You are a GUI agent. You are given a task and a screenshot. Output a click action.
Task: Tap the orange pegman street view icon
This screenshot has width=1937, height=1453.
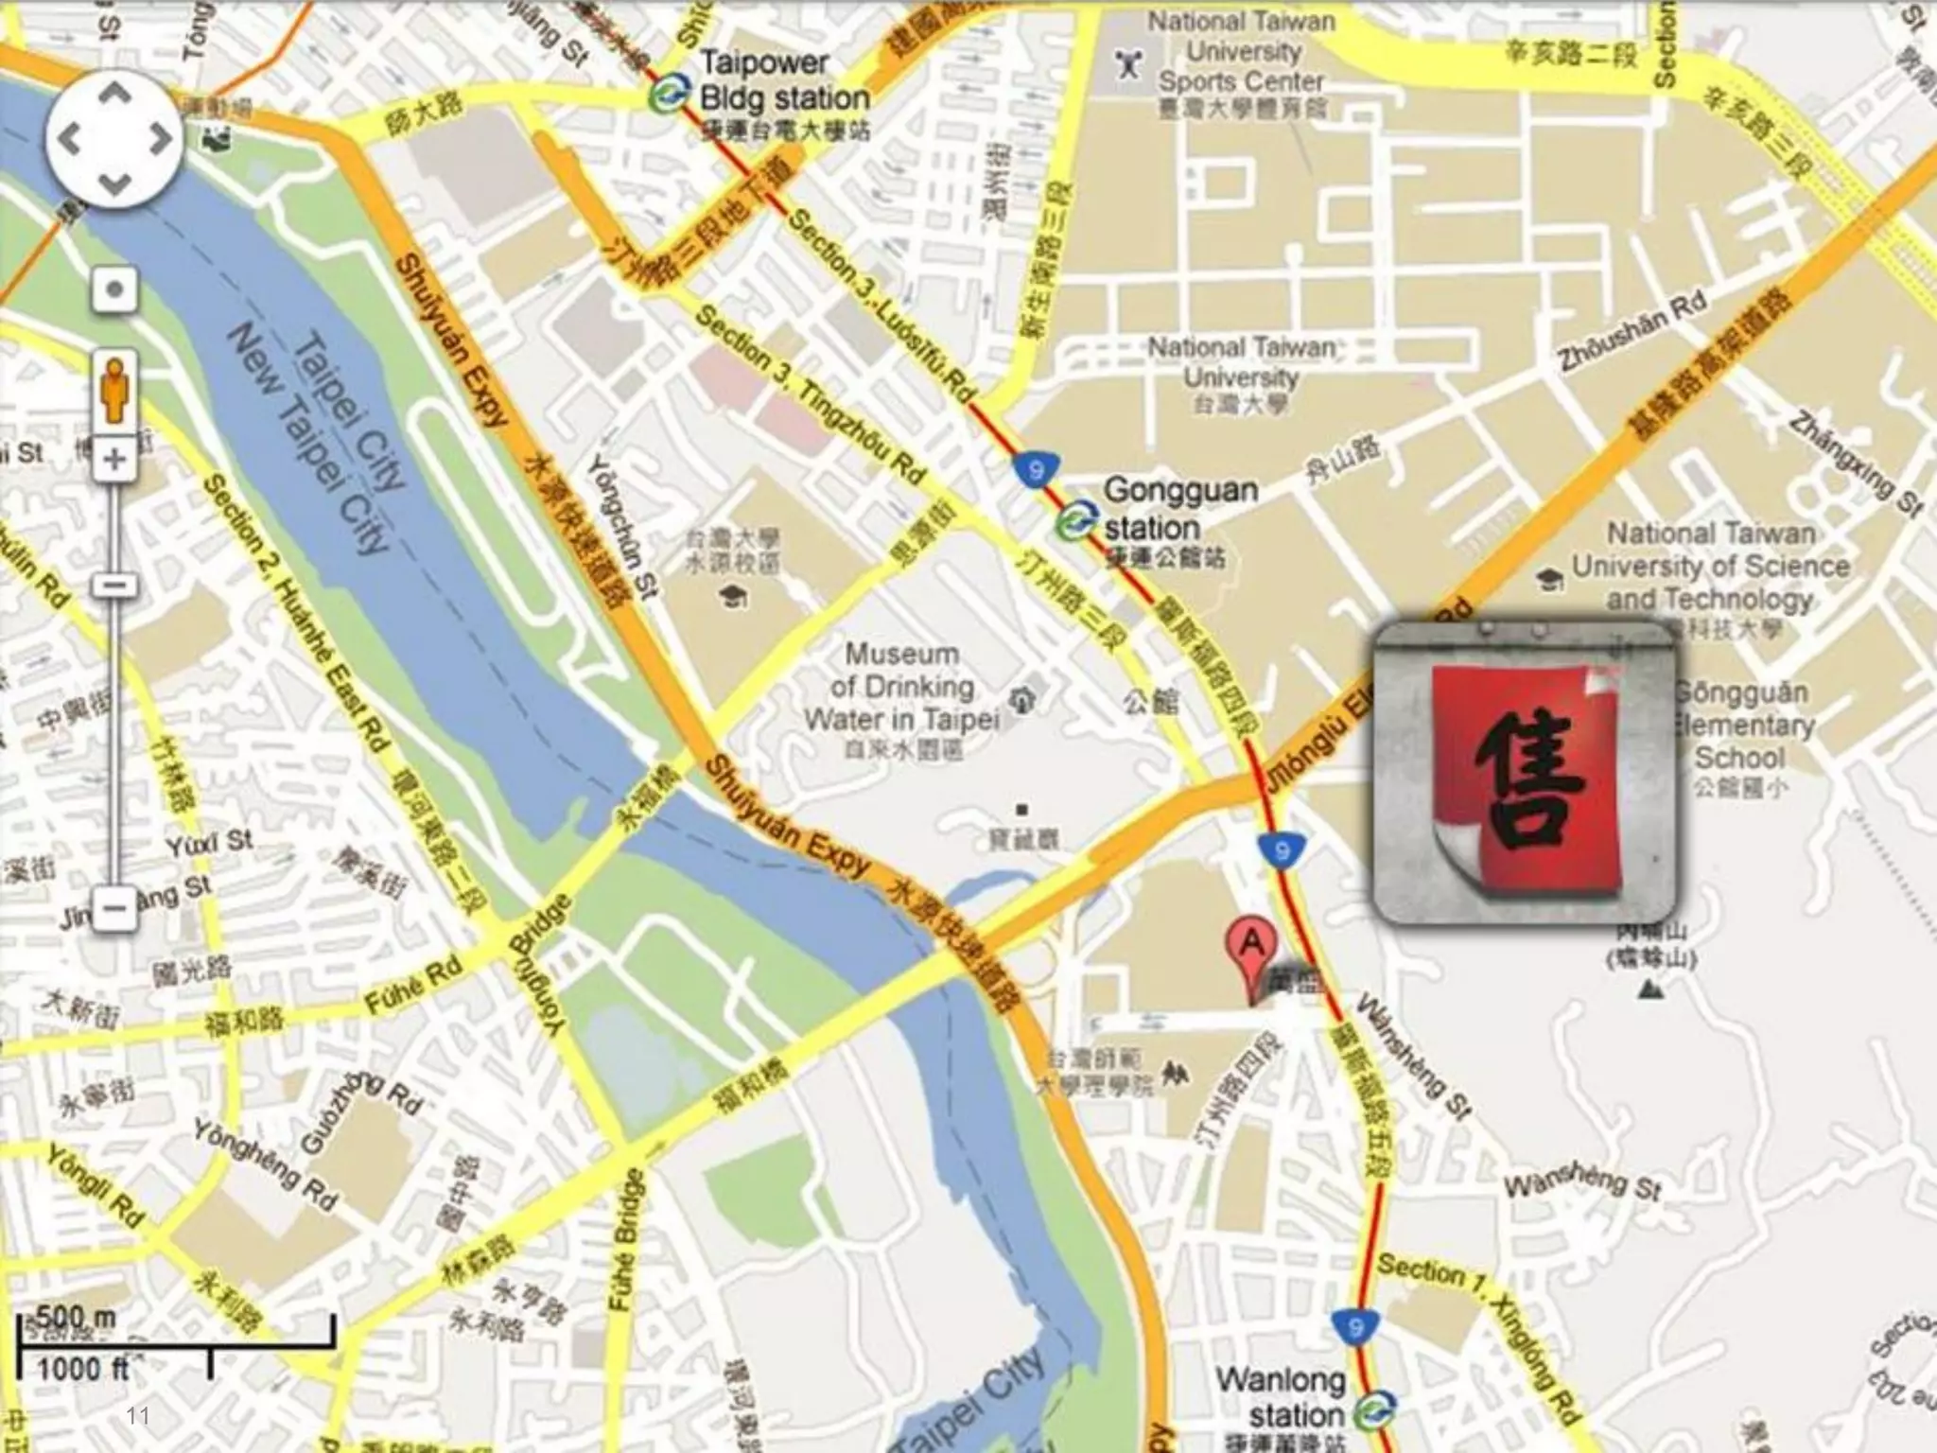[114, 389]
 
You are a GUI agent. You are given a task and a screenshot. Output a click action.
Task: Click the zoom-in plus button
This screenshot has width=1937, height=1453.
[114, 460]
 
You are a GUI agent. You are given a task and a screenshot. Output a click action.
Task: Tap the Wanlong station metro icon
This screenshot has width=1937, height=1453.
[1372, 1413]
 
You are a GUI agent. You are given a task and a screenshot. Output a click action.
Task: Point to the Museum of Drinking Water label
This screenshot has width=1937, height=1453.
[900, 686]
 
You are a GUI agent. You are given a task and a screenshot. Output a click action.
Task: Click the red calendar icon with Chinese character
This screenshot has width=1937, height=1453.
[1524, 772]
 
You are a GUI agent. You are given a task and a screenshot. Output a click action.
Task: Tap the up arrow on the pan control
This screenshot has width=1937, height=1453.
[114, 93]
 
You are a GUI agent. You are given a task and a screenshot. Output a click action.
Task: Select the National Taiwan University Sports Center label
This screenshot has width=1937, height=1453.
[1241, 52]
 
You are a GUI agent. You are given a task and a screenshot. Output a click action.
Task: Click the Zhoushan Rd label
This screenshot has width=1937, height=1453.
[1632, 331]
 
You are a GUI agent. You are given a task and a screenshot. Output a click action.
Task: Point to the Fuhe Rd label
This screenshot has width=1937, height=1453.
[413, 984]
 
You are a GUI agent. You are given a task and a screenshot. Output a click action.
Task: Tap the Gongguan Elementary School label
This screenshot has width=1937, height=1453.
[1742, 725]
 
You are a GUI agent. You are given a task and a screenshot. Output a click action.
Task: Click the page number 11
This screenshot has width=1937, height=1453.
[138, 1415]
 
